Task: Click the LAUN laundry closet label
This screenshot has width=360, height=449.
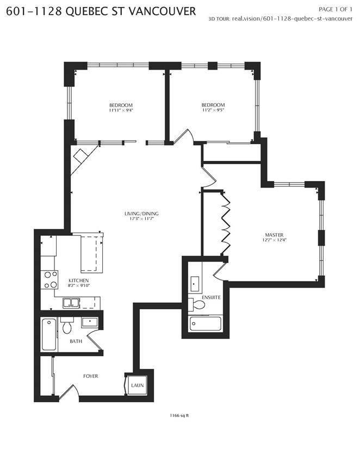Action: pos(137,385)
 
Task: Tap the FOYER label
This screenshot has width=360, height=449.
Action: pos(90,376)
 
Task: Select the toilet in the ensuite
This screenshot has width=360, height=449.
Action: pos(197,304)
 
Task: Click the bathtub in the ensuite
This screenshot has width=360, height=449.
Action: pos(205,323)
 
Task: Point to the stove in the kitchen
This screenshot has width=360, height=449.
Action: pos(49,279)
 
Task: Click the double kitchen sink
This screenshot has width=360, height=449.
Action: pos(71,303)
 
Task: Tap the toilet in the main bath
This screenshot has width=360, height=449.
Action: pos(67,326)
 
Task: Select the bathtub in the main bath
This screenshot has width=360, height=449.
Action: pos(49,334)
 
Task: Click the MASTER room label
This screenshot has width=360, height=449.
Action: pos(274,235)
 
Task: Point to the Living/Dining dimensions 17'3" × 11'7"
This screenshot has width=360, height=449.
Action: pos(141,219)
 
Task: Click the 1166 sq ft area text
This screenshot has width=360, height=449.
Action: pos(179,415)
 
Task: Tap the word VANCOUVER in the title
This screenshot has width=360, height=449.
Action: pos(163,11)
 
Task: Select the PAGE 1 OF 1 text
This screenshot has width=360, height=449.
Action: pos(336,9)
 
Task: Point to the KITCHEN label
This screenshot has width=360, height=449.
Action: pos(78,280)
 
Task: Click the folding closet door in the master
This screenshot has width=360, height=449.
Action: pos(226,224)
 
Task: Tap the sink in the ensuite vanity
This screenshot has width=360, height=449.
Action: pos(195,284)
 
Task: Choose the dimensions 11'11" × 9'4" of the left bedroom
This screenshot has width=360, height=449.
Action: pos(121,110)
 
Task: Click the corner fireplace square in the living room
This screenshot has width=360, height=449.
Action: pos(80,157)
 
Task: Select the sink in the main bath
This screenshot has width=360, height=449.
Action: pos(90,322)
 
